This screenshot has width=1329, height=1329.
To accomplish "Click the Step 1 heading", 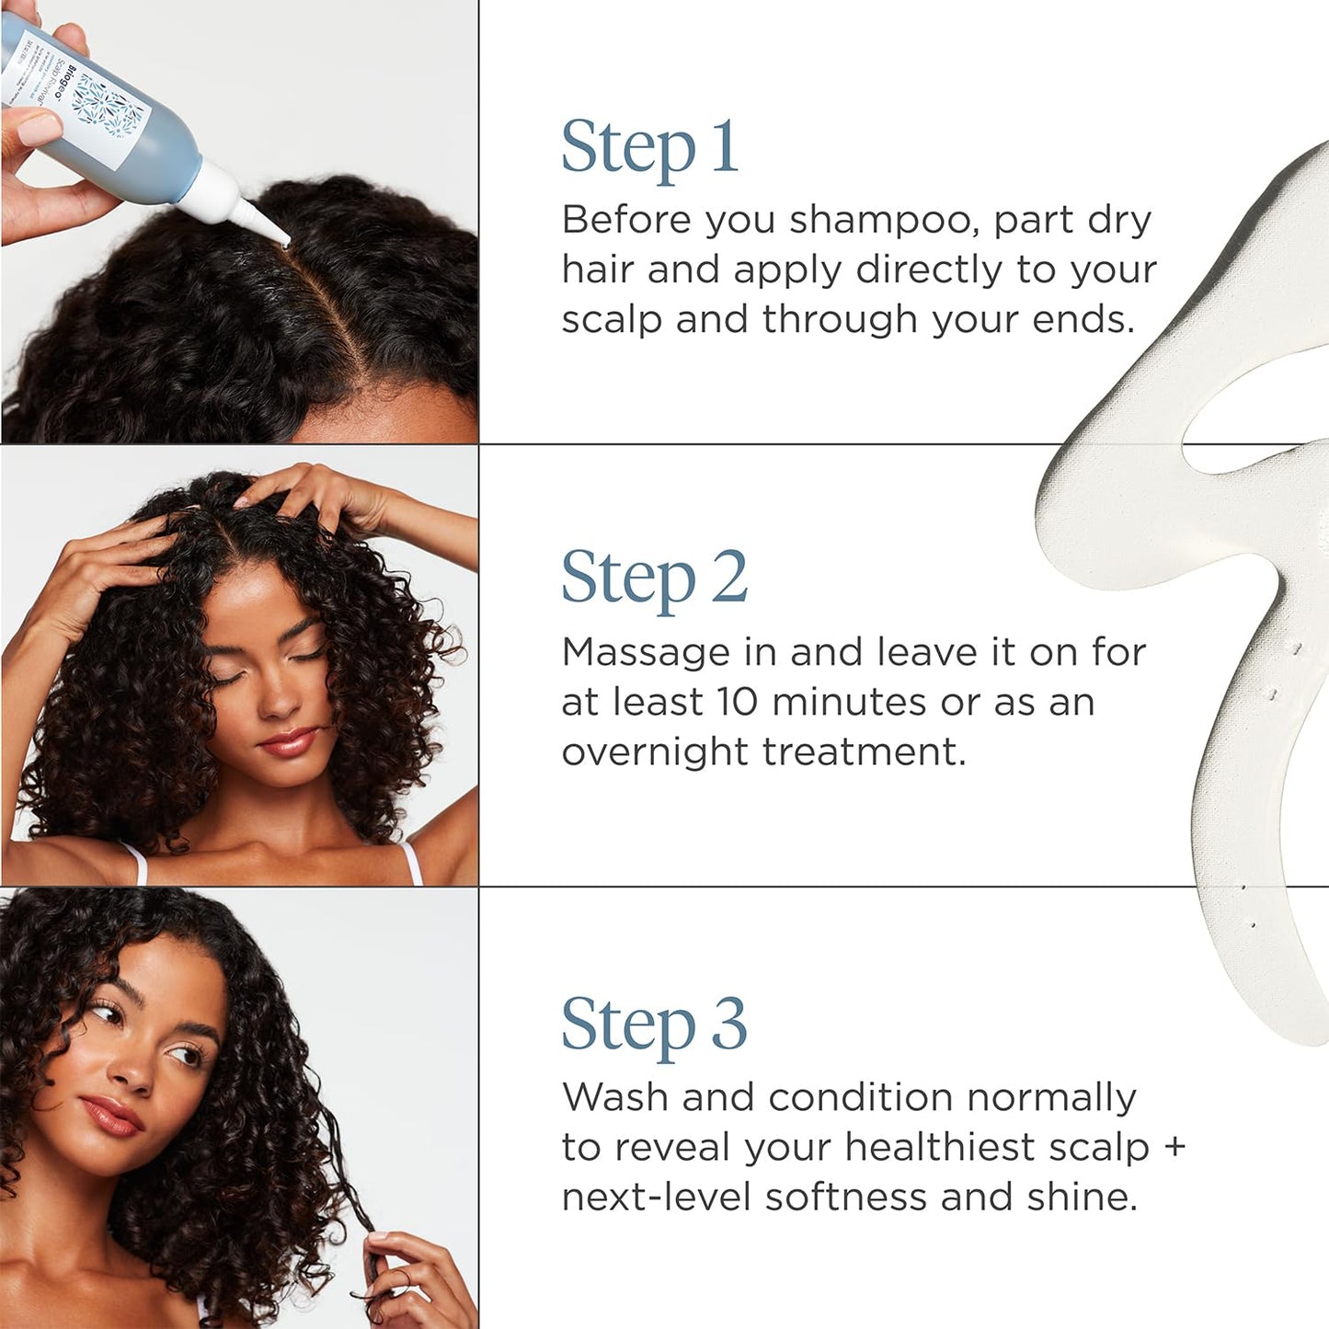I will (649, 147).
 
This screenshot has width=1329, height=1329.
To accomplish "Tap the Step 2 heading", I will (654, 579).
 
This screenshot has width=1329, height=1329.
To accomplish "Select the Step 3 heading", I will (654, 1025).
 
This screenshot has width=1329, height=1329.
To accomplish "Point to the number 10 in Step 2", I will (738, 703).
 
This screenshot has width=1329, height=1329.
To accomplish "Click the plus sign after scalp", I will (1174, 1147).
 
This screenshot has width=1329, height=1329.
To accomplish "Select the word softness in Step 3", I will (846, 1197).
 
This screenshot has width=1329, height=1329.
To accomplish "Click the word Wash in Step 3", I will (615, 1097).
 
